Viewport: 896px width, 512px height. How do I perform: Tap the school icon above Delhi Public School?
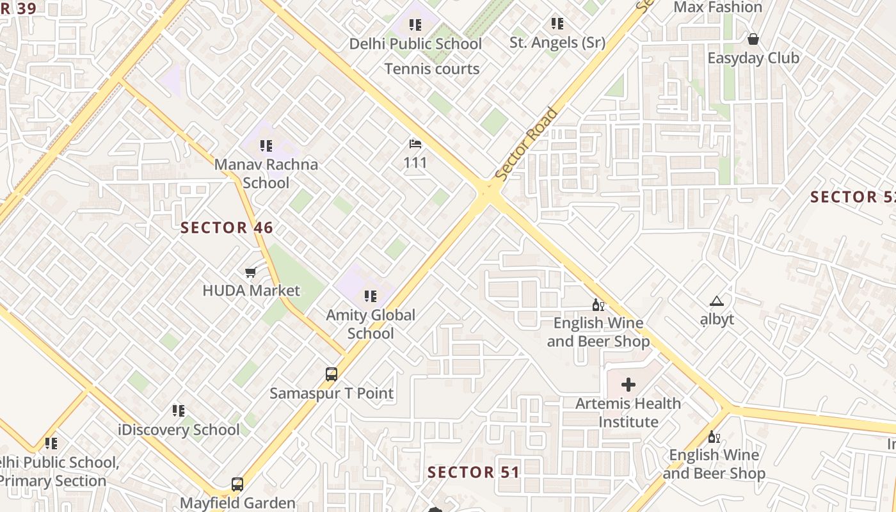point(415,25)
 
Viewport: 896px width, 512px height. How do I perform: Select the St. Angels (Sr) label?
point(557,43)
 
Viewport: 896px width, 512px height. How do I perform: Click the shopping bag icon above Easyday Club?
point(753,39)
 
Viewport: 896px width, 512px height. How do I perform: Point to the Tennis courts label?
point(432,69)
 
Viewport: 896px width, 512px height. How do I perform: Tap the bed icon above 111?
point(415,144)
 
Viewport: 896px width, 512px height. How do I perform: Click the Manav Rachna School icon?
point(266,146)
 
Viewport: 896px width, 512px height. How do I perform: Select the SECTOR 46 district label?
point(227,228)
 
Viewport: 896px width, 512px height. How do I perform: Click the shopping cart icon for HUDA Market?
point(251,273)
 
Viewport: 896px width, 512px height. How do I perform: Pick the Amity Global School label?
point(371,324)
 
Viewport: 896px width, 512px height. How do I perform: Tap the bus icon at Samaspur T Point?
point(332,374)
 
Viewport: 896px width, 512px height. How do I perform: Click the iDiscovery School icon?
point(179,411)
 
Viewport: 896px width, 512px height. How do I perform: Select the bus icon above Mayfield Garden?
point(237,484)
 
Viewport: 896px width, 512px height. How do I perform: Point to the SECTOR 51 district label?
point(473,473)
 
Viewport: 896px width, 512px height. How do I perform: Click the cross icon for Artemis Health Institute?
point(628,385)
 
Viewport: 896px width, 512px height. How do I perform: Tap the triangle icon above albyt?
point(716,301)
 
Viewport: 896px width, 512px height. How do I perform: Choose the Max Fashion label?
point(718,8)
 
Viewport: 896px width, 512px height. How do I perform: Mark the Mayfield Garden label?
point(237,503)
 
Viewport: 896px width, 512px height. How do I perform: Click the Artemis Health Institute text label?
point(628,413)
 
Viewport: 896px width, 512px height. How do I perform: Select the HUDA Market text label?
point(251,291)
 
